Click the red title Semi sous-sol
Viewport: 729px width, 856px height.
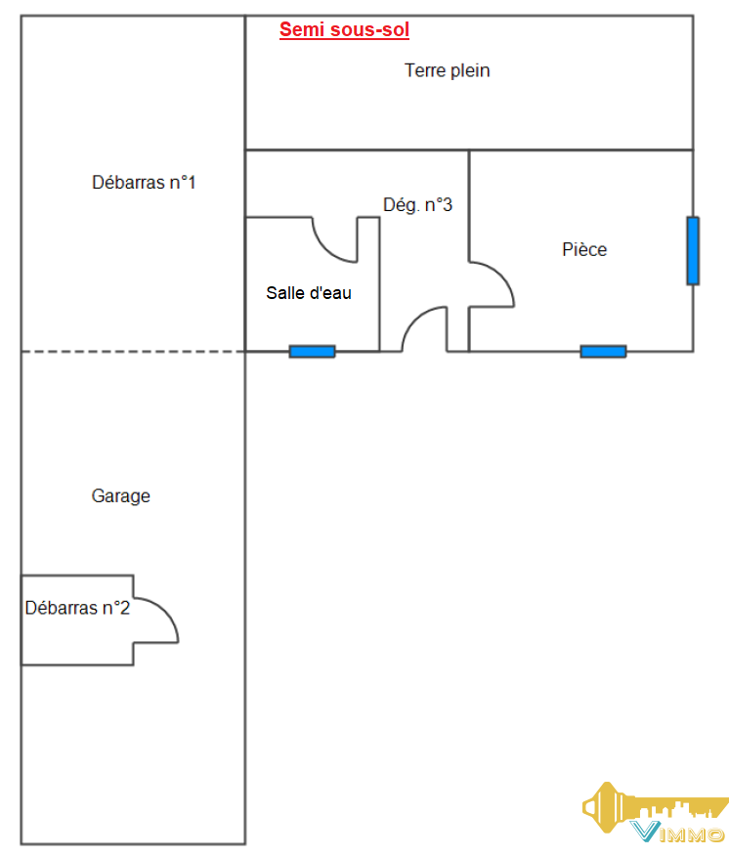coord(344,29)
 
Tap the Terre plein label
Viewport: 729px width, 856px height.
coord(447,70)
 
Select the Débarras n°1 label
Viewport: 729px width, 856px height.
coord(144,183)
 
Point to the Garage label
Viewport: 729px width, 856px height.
coord(120,496)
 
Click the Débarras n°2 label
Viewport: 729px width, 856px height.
coord(77,608)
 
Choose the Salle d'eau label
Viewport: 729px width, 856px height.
coord(309,293)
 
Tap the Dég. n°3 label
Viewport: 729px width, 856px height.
coord(417,205)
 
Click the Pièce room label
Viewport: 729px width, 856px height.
coord(584,249)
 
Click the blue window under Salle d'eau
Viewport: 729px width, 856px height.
coord(312,352)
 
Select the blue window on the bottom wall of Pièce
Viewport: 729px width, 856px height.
coord(603,352)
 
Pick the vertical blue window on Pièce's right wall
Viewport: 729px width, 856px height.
coord(693,250)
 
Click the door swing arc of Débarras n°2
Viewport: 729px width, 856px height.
coord(166,611)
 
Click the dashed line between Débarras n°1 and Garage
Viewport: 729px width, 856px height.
coord(133,352)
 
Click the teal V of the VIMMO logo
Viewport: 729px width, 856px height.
coord(645,832)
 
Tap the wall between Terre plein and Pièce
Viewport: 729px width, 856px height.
coord(581,150)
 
